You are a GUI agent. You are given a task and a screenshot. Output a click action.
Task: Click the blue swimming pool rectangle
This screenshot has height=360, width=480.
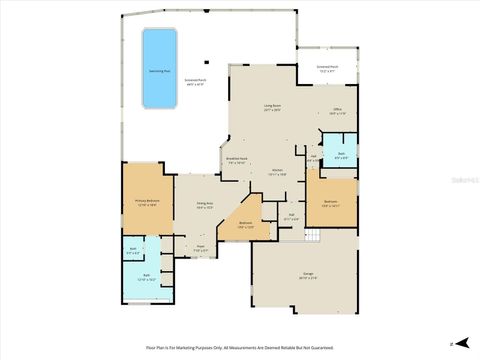pos(157,67)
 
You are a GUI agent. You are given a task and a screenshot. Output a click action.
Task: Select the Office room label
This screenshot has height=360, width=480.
pos(337,112)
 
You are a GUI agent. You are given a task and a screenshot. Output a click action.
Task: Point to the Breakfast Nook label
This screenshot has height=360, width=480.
pos(237,160)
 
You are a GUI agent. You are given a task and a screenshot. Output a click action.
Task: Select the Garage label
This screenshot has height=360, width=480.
pos(303,278)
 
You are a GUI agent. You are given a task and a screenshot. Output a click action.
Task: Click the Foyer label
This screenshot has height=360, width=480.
pos(200,248)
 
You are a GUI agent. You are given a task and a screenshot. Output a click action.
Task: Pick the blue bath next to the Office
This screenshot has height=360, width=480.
pos(340,157)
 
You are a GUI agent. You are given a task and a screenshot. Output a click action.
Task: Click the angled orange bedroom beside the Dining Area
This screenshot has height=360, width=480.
pos(245,224)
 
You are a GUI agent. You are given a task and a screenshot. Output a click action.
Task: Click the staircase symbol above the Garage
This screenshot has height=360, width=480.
pos(312,235)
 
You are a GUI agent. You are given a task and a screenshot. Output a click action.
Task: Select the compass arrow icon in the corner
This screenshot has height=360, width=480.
pos(451,343)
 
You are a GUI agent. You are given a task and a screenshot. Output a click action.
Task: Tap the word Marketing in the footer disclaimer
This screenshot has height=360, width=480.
pos(185,347)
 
